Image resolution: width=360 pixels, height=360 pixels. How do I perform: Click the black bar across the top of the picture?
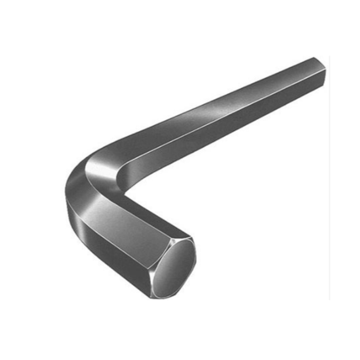[180, 15]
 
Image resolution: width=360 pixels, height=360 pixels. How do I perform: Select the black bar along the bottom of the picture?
[180, 345]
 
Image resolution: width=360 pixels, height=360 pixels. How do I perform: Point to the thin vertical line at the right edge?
[330, 206]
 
